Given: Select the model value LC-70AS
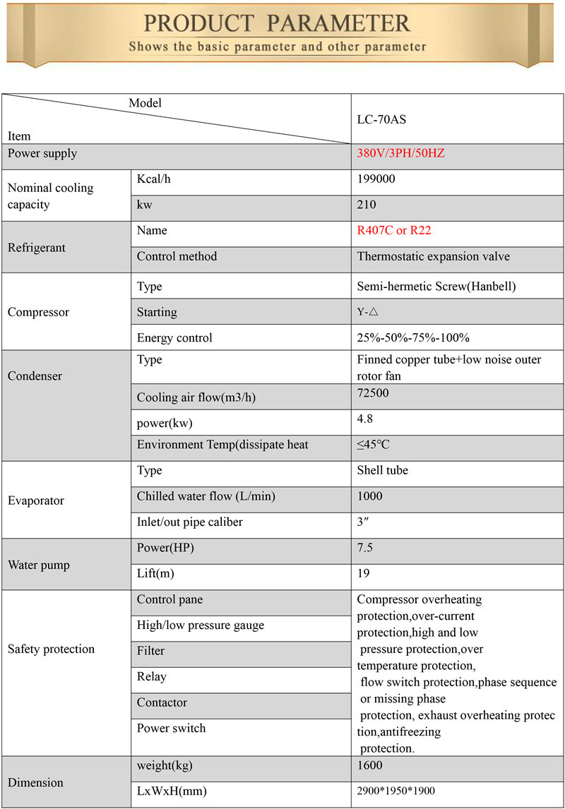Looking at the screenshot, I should [x=381, y=119].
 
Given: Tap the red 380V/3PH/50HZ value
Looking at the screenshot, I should [x=400, y=153].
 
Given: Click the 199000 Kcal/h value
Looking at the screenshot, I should [x=376, y=179].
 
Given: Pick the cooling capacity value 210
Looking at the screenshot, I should [x=367, y=205].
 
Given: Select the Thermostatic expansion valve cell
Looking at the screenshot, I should [x=433, y=256].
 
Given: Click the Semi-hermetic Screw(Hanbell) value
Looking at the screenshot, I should [x=436, y=287].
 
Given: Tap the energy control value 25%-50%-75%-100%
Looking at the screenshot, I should [x=413, y=337].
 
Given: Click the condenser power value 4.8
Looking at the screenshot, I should [x=365, y=419].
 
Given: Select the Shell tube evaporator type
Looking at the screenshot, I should [x=382, y=470].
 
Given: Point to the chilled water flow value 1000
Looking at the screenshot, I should [x=370, y=496].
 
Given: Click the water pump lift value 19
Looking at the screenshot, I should [x=363, y=573].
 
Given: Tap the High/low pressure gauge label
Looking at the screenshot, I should [x=200, y=625].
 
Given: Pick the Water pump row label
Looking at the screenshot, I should [x=38, y=565].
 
